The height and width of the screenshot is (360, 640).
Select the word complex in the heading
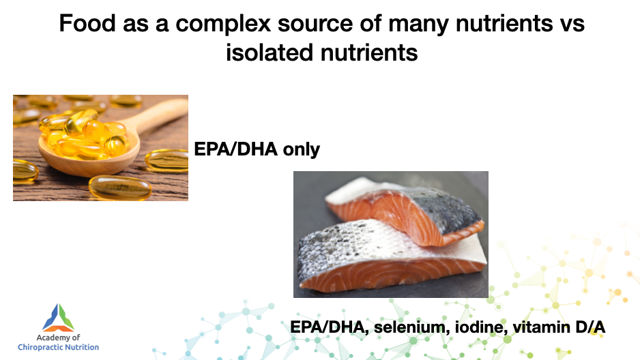point(223,24)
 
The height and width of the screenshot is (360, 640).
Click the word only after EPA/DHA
point(301,149)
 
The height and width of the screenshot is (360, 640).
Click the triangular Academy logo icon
point(59,318)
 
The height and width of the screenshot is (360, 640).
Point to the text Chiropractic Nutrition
point(59,347)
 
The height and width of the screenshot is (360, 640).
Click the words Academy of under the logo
point(59,337)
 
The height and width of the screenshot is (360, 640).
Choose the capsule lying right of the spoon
point(167,160)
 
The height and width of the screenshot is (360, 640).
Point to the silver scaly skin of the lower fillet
point(347,249)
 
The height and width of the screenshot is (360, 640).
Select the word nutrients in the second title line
point(369,53)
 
